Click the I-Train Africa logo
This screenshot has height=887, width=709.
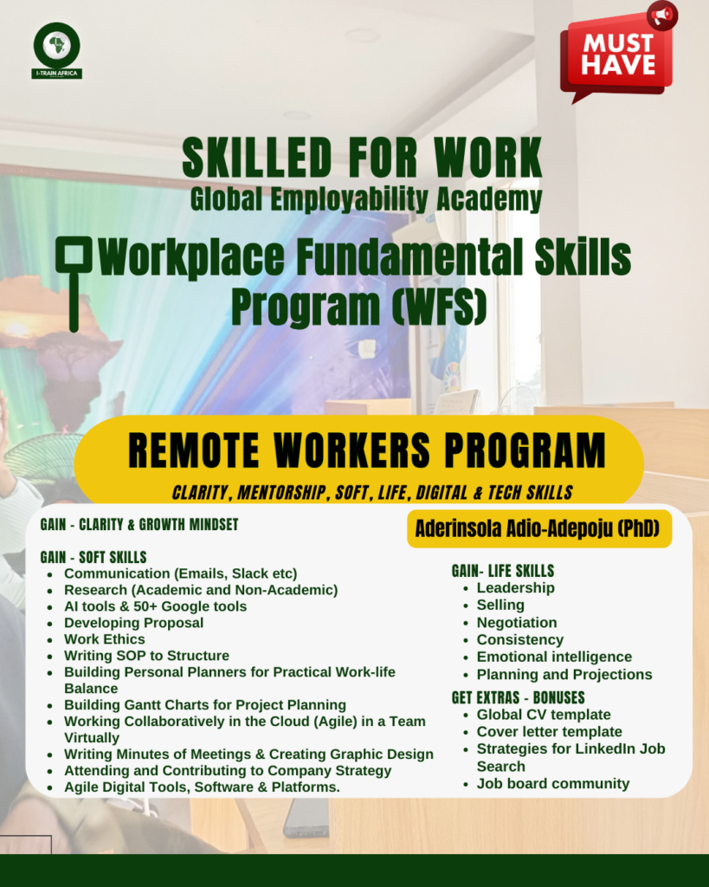tap(56, 50)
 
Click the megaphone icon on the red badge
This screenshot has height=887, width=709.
tap(662, 15)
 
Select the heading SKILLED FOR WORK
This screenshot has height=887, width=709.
tap(362, 158)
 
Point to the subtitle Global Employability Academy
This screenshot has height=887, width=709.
tap(366, 199)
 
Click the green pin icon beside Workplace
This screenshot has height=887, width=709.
tap(74, 283)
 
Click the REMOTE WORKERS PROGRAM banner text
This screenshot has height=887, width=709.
tap(366, 450)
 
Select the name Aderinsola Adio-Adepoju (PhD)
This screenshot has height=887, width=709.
tap(538, 528)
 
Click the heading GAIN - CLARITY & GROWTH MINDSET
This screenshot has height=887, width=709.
tap(139, 524)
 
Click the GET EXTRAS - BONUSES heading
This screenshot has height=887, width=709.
tap(518, 697)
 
